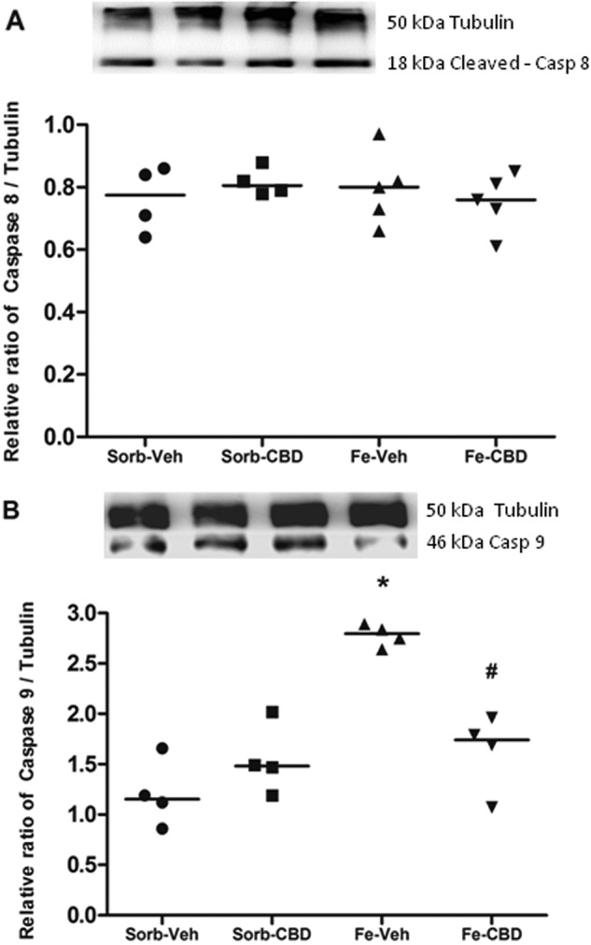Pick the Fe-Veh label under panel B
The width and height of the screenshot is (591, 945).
point(380,936)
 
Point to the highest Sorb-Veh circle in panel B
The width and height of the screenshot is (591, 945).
point(162,748)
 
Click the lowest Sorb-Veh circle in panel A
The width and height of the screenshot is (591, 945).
point(145,236)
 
